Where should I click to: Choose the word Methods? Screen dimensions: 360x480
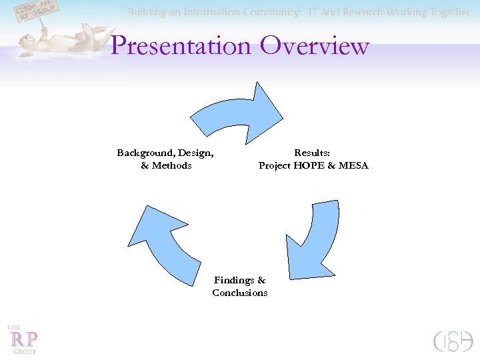172,165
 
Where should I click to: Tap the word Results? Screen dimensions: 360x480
313,153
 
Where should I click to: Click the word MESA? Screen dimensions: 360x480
353,165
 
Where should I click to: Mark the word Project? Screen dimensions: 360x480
275,165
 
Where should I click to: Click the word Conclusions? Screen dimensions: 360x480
240,293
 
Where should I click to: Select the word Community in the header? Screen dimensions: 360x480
269,12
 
